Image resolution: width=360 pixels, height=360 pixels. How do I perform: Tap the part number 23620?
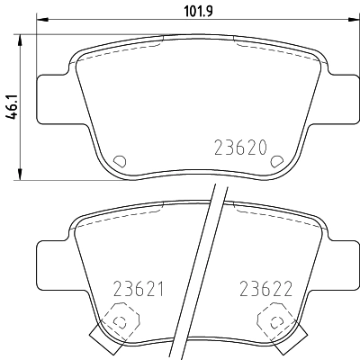pos(242,146)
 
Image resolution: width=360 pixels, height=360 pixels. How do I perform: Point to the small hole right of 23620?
pos(277,162)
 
